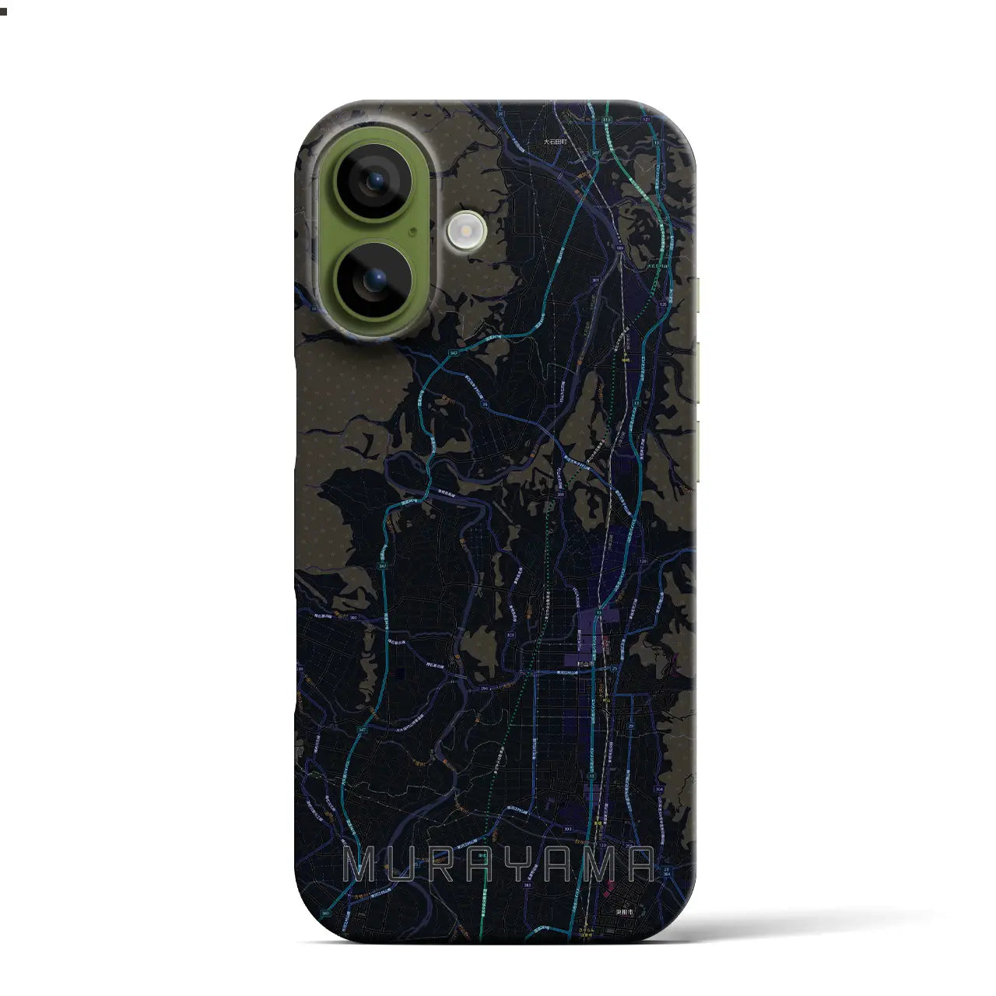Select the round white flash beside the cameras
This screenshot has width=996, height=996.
point(467,230)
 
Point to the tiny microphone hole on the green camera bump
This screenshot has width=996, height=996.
point(412,230)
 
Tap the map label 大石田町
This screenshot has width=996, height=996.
point(556,142)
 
